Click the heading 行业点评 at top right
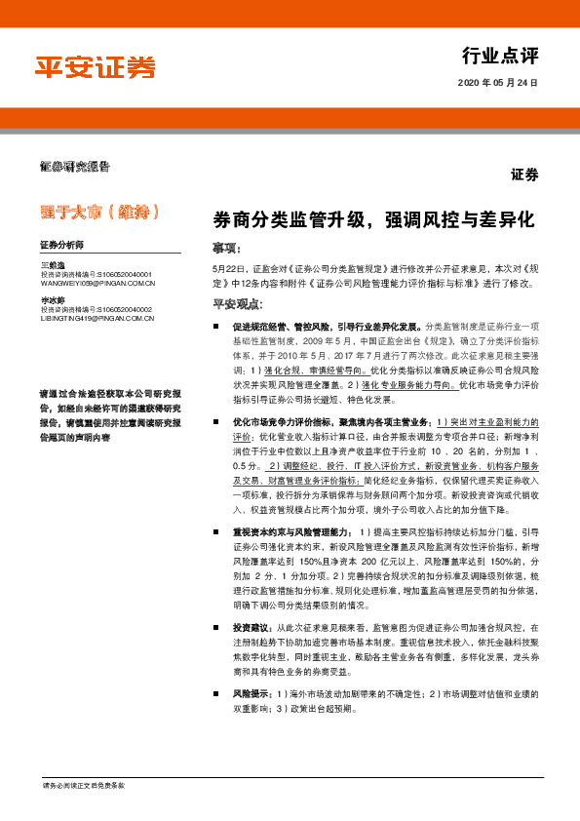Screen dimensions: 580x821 (x=500, y=55)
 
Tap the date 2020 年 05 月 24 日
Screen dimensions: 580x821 (x=498, y=83)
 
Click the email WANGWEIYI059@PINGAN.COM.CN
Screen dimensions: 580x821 (x=97, y=283)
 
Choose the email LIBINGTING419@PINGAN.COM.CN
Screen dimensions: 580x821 (x=97, y=318)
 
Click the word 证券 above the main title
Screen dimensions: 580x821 (x=523, y=175)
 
